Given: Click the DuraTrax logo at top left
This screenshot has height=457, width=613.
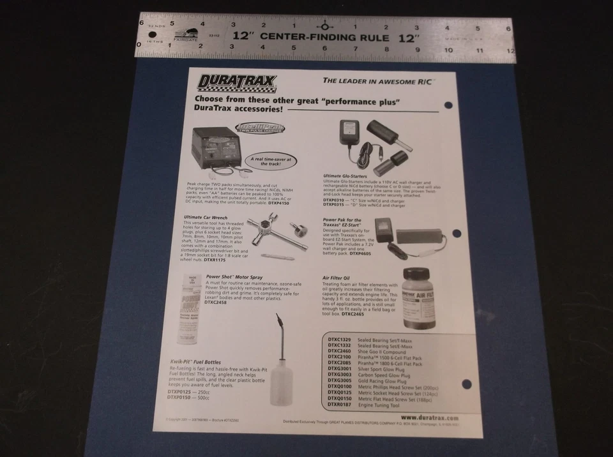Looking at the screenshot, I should click(x=237, y=83).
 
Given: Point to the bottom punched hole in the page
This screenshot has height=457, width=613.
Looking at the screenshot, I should click(x=465, y=384).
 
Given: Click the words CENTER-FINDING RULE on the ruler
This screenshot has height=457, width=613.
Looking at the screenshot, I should click(x=324, y=38).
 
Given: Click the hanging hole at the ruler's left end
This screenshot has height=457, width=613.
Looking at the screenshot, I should click(x=153, y=34).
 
